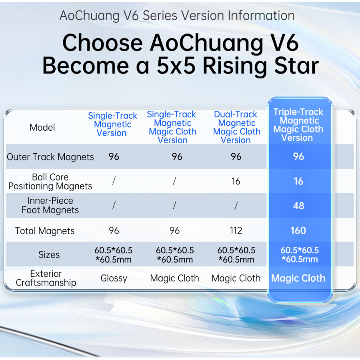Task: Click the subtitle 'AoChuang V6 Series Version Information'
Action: point(177,16)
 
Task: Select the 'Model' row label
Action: point(42,128)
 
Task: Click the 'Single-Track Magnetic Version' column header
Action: point(112,124)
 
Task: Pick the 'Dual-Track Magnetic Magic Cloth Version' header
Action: point(236,127)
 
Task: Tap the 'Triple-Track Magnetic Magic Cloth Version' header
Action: point(298,125)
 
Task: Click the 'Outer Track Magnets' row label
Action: point(50,157)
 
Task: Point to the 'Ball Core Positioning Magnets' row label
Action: point(50,182)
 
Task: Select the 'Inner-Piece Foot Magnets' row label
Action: point(50,206)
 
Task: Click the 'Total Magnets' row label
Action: point(45,231)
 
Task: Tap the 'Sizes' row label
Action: point(49,255)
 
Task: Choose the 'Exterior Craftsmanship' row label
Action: point(46,278)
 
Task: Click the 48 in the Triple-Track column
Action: point(298,206)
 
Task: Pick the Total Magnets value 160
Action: point(298,231)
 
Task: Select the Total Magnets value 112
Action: point(236,231)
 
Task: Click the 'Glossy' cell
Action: point(114,278)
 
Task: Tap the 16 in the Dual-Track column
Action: point(236,182)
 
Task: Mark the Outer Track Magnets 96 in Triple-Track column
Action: point(298,156)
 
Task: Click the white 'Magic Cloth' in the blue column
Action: point(298,278)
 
